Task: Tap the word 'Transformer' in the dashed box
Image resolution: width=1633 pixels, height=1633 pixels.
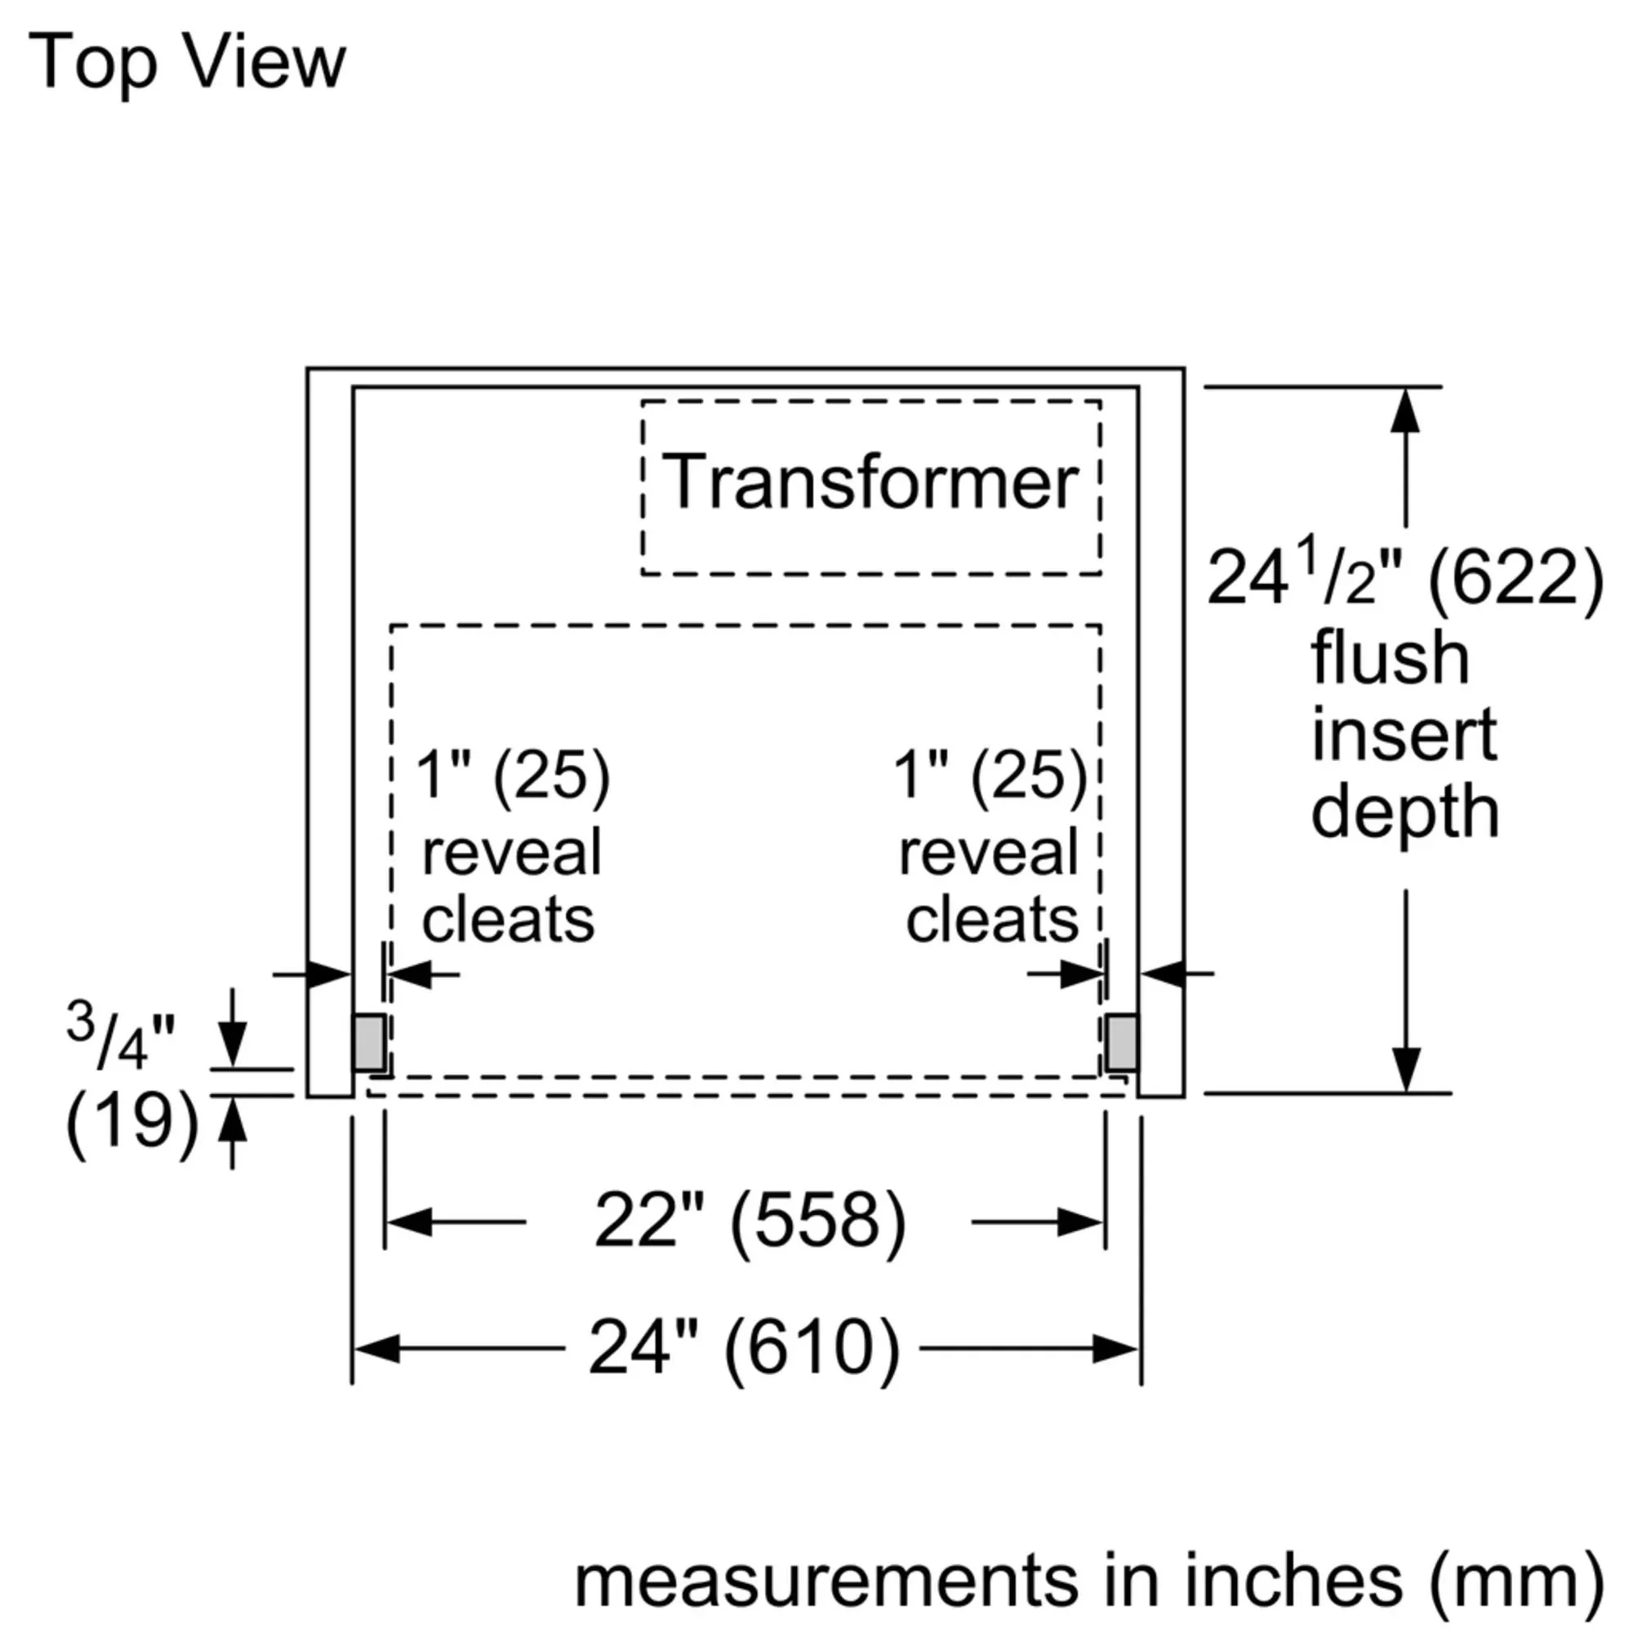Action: [x=870, y=483]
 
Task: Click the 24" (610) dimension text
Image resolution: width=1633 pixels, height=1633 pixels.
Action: [x=745, y=1347]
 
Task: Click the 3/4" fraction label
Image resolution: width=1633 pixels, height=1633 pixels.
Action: [x=120, y=1038]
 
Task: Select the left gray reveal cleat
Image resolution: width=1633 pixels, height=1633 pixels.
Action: [x=369, y=1042]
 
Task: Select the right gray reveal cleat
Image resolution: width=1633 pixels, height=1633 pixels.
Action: [x=1121, y=1042]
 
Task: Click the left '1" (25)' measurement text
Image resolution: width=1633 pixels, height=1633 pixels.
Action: [x=512, y=775]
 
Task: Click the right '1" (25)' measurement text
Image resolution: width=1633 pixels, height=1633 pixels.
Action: [x=990, y=775]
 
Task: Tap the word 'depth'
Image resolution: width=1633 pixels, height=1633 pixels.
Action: [x=1404, y=812]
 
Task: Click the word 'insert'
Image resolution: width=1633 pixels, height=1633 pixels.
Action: [x=1404, y=735]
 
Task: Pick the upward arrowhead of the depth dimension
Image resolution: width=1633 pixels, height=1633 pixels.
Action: [x=1406, y=412]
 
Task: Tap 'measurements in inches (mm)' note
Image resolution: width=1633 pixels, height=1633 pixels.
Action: [x=1088, y=1580]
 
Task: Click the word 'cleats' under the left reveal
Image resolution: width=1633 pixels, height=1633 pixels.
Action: [x=508, y=919]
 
